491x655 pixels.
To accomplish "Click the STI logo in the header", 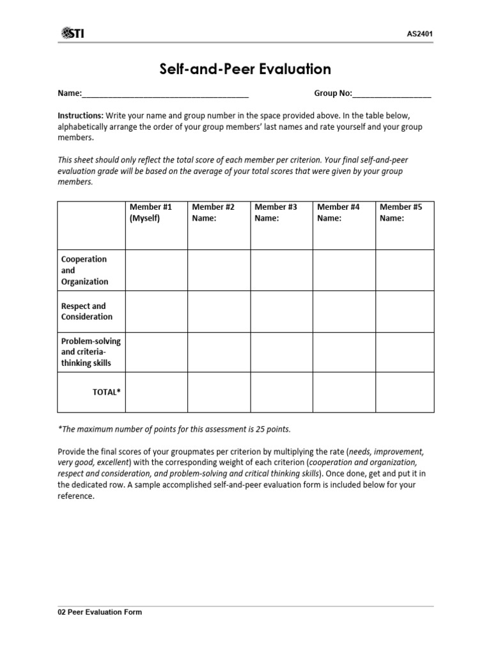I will click(x=72, y=33).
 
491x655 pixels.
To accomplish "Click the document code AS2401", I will click(x=419, y=33).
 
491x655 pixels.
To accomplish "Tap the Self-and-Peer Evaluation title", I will click(x=245, y=69).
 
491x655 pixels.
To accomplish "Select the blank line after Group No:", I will click(x=391, y=94).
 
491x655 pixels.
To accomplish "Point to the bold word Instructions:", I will click(x=81, y=115).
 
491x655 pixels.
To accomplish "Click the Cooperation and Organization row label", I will click(x=84, y=271).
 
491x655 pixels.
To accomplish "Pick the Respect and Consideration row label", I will click(x=87, y=312).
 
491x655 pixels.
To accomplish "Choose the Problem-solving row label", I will click(x=91, y=352).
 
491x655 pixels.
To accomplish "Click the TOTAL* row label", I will click(x=107, y=392).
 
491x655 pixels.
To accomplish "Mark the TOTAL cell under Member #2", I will click(x=219, y=392).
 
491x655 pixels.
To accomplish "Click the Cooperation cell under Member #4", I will click(x=343, y=271).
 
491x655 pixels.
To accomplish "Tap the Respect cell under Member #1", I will click(x=156, y=312).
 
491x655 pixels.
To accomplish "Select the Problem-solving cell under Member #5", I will click(x=405, y=352).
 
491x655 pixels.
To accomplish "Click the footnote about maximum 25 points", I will click(x=179, y=428).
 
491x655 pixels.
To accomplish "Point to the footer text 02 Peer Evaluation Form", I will click(x=100, y=612).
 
